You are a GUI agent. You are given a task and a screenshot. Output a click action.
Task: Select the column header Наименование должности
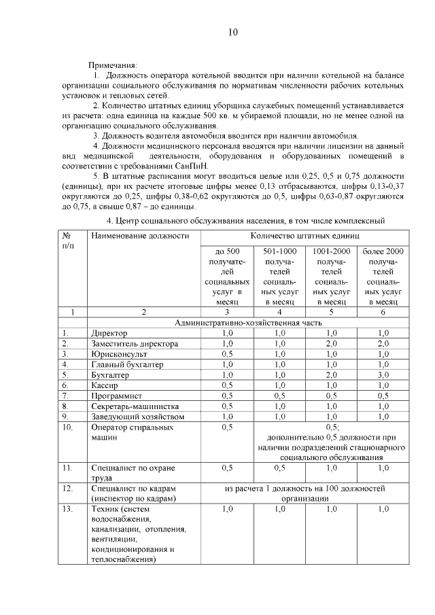[x=139, y=236]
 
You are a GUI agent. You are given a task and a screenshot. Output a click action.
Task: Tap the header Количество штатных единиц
[x=304, y=236]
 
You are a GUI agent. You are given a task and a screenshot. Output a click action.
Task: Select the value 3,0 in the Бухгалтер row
[x=383, y=374]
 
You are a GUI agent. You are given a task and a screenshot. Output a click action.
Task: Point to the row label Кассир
[x=105, y=385]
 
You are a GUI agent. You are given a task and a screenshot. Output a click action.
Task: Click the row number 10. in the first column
[x=67, y=427]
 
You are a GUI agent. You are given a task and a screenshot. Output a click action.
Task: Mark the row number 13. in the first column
[x=67, y=508]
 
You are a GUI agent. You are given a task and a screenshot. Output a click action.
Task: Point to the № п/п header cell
[x=68, y=241]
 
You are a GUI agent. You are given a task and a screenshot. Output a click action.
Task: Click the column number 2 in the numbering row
[x=143, y=312]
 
